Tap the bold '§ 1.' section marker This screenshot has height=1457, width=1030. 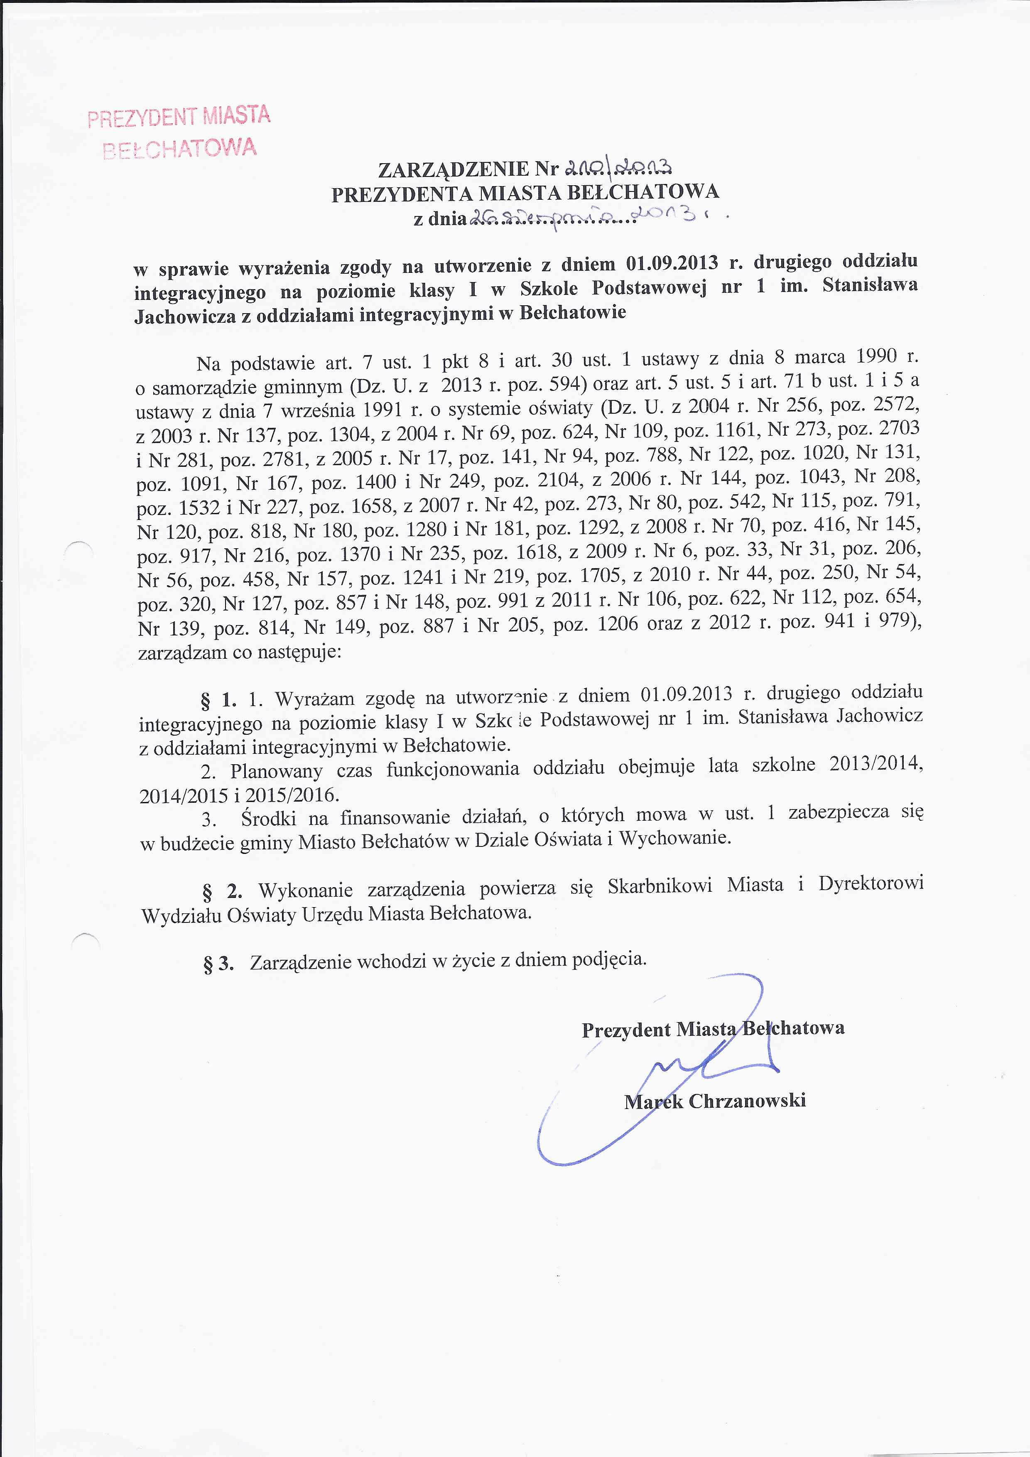[218, 701]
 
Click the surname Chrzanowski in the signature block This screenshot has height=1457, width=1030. [747, 1100]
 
